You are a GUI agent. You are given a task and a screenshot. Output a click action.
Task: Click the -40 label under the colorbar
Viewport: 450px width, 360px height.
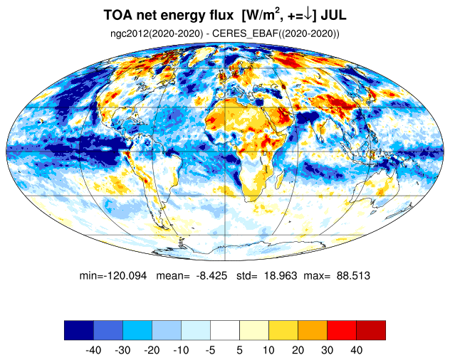[93, 350]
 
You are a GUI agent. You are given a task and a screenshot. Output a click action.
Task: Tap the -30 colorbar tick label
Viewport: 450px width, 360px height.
[122, 350]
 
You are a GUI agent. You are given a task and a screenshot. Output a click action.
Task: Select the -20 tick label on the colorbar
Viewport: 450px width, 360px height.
[152, 350]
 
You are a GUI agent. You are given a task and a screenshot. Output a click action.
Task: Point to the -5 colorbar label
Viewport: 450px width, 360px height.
[210, 350]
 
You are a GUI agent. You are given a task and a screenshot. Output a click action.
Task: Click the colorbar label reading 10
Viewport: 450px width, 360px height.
[268, 350]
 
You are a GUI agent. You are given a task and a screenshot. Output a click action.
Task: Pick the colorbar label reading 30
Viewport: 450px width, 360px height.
[327, 350]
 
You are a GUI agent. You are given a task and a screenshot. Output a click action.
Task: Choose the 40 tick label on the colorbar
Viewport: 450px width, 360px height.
[356, 350]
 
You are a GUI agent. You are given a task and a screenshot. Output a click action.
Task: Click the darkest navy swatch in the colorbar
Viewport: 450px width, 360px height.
[79, 330]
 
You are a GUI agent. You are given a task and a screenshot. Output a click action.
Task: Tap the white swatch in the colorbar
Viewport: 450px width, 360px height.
[225, 330]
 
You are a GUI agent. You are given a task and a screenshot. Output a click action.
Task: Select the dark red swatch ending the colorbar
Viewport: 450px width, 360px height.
[371, 330]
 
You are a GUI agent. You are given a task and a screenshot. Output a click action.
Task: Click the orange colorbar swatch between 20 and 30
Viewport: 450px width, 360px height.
[313, 330]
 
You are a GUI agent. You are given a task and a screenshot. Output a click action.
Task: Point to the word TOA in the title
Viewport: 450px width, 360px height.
[118, 15]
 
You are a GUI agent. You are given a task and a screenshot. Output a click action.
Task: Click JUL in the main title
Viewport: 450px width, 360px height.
[333, 15]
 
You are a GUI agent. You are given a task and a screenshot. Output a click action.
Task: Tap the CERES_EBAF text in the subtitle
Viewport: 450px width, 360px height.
[244, 33]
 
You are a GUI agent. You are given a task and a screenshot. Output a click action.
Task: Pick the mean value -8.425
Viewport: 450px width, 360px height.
[211, 276]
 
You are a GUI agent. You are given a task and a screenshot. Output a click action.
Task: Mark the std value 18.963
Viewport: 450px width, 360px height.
[281, 276]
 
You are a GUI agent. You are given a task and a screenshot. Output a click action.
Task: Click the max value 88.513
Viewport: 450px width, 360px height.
[353, 276]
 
